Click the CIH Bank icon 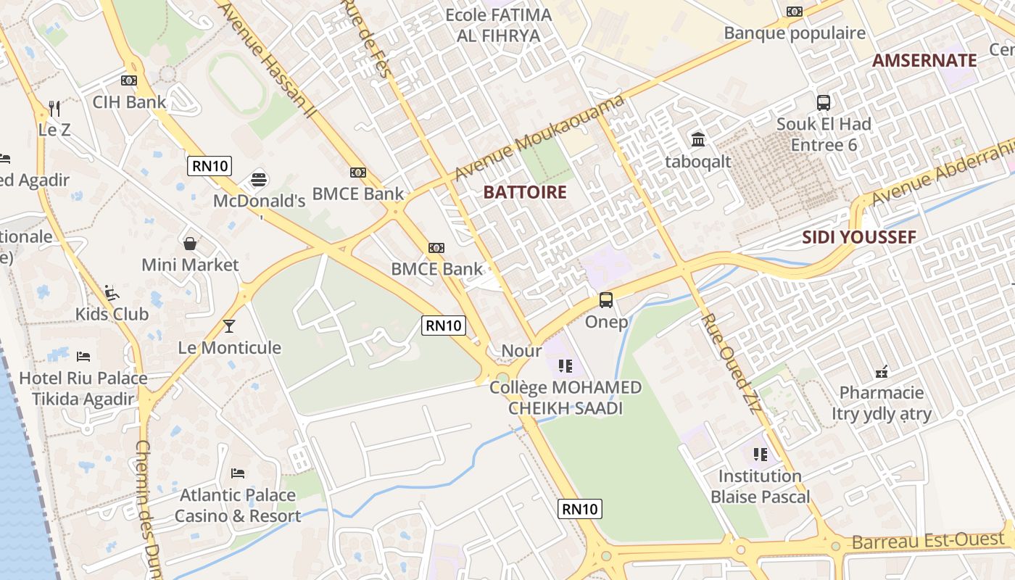129,80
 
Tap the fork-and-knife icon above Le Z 54,109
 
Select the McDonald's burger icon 259,178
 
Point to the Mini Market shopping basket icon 190,244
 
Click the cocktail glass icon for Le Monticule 229,326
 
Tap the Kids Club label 112,314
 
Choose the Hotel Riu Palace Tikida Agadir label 83,389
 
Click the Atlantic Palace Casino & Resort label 237,505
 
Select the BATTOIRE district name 525,192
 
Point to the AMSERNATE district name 924,60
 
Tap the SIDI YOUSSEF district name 859,237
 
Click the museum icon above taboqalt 698,139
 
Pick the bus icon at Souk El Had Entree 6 824,102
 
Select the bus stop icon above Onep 606,299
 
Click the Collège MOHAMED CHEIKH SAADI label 565,397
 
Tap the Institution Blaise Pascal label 760,486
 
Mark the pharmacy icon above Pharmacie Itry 882,371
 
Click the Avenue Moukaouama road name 539,138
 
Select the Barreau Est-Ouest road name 928,541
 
